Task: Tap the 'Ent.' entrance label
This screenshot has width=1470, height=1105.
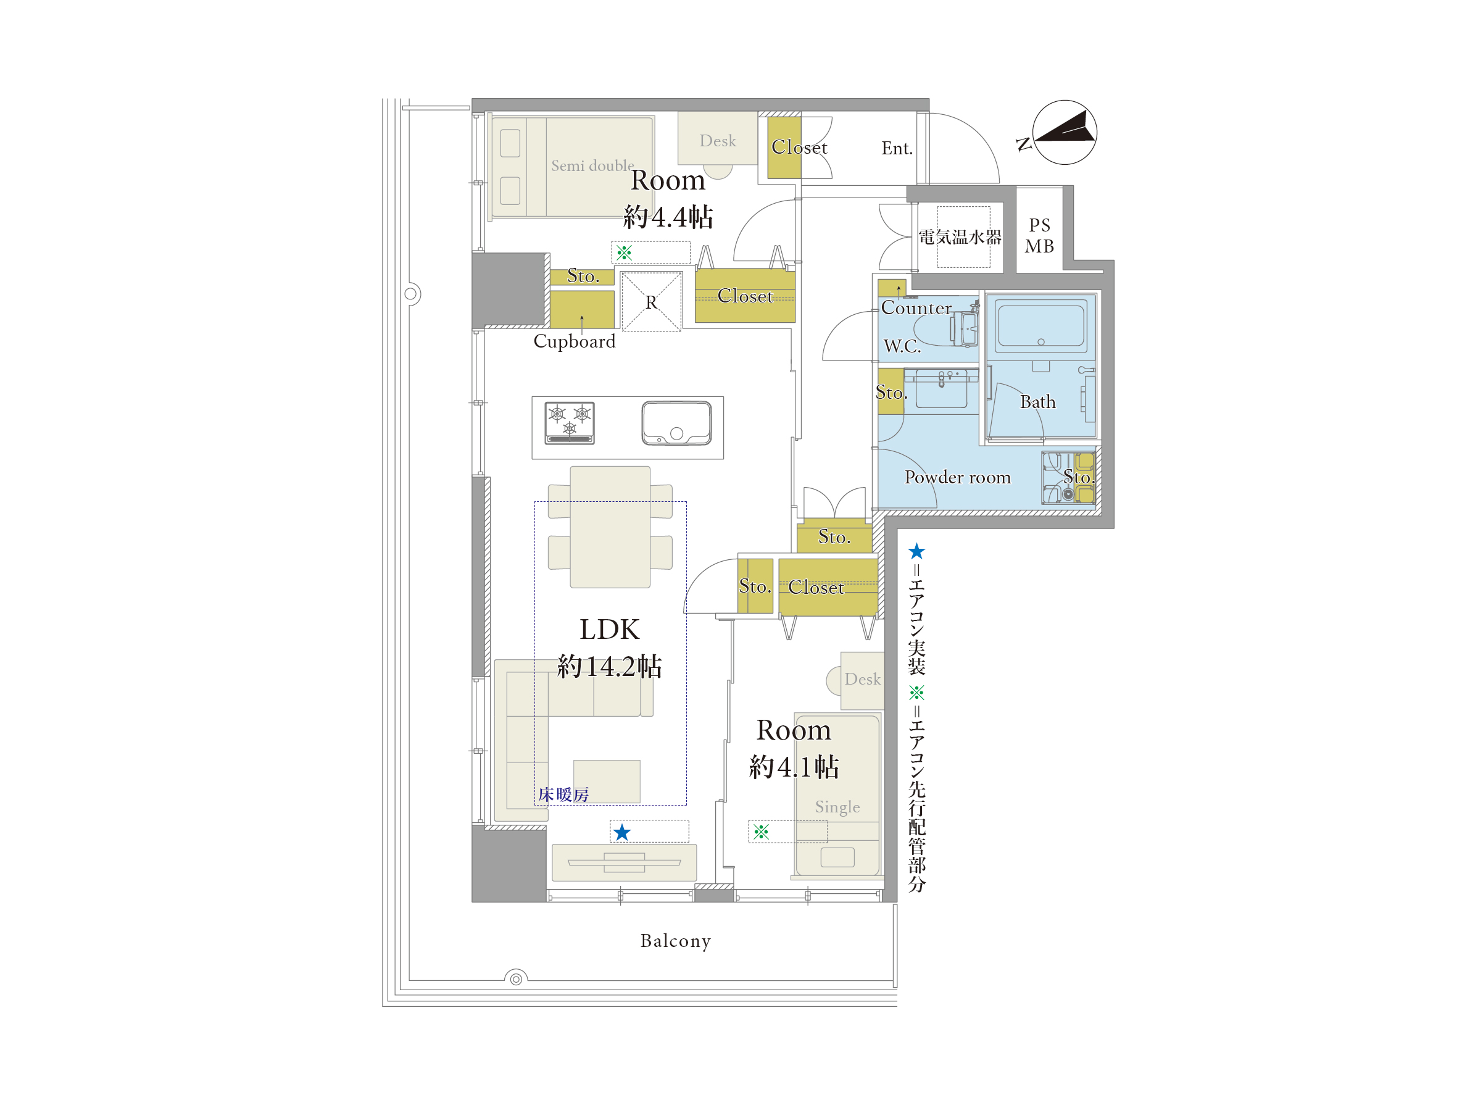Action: [x=897, y=148]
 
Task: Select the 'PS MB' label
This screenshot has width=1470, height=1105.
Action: [x=1039, y=236]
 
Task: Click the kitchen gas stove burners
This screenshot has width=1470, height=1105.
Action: [x=570, y=423]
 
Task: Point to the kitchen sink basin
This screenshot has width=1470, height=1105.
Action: [x=676, y=423]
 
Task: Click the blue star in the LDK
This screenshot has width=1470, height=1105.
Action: [x=622, y=832]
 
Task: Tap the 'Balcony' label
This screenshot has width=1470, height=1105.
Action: [x=675, y=941]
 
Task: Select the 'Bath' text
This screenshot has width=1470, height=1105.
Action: [x=1037, y=402]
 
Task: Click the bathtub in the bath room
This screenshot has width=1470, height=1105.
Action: [x=1041, y=324]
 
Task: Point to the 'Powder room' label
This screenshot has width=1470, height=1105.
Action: [x=957, y=477]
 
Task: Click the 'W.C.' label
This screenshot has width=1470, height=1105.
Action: [x=902, y=346]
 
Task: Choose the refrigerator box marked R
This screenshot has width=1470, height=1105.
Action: [x=651, y=302]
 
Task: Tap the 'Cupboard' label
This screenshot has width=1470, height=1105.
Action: [x=574, y=341]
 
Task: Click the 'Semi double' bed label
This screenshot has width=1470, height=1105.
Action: [x=592, y=165]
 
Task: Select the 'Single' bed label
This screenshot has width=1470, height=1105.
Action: [x=837, y=807]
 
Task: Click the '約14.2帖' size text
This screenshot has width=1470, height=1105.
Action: [x=609, y=666]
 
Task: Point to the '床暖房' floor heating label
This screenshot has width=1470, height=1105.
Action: [x=563, y=794]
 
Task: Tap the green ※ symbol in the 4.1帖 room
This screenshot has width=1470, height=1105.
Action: [x=761, y=831]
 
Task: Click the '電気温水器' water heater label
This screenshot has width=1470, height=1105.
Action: [x=960, y=237]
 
